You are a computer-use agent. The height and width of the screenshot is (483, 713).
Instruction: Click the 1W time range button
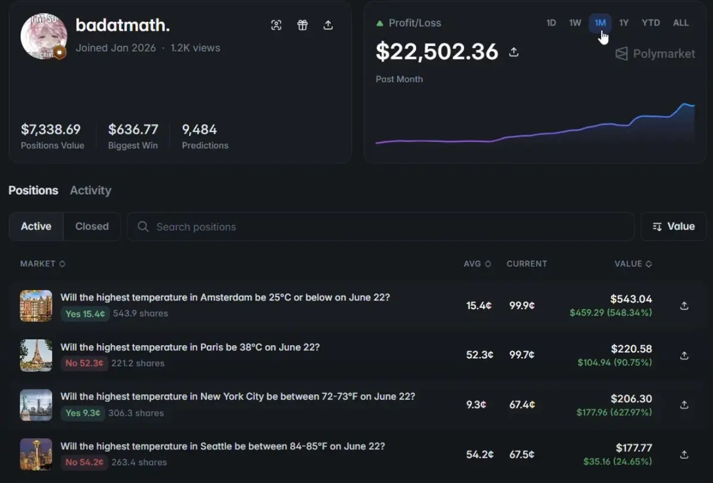pyautogui.click(x=575, y=23)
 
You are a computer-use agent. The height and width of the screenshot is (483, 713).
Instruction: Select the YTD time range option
pyautogui.click(x=651, y=23)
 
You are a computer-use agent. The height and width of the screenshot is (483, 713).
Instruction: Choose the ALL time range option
pyautogui.click(x=680, y=23)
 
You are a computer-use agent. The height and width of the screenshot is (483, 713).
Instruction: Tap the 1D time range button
pyautogui.click(x=551, y=23)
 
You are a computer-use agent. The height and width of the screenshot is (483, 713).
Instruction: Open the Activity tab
pyautogui.click(x=91, y=190)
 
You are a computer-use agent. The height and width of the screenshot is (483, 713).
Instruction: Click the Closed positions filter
pyautogui.click(x=92, y=226)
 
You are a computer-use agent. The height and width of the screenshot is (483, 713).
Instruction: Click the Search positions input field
pyautogui.click(x=380, y=226)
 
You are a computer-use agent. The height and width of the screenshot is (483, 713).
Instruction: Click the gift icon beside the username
pyautogui.click(x=302, y=25)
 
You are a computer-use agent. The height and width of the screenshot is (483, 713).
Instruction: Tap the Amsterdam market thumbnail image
pyautogui.click(x=36, y=306)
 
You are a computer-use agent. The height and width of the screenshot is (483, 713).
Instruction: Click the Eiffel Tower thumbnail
pyautogui.click(x=36, y=355)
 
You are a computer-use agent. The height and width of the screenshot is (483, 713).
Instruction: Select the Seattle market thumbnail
pyautogui.click(x=36, y=454)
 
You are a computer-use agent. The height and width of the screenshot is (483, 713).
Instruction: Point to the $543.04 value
pyautogui.click(x=631, y=299)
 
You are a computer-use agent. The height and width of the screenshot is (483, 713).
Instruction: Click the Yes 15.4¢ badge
pyautogui.click(x=85, y=314)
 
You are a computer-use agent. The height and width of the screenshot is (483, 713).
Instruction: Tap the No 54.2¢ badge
pyautogui.click(x=84, y=462)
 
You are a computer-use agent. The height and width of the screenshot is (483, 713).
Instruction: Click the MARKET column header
pyautogui.click(x=43, y=264)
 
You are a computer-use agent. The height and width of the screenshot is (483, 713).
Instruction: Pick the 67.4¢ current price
pyautogui.click(x=522, y=405)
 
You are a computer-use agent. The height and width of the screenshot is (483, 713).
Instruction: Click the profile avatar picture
pyautogui.click(x=43, y=36)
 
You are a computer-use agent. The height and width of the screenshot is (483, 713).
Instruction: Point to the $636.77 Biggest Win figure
pyautogui.click(x=133, y=129)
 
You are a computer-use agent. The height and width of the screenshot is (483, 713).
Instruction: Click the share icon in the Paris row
pyautogui.click(x=684, y=355)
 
